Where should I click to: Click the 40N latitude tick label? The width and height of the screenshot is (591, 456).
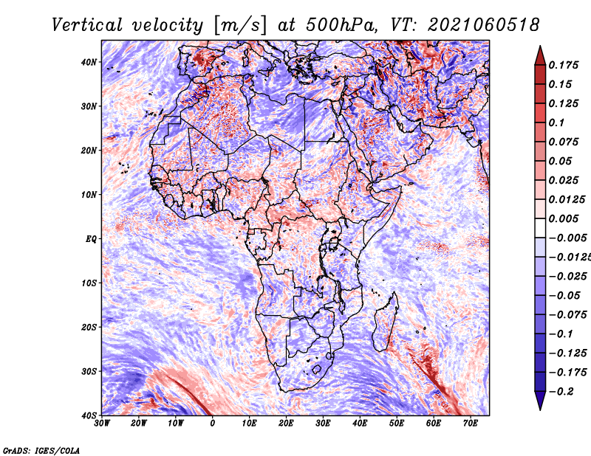[x=89, y=62]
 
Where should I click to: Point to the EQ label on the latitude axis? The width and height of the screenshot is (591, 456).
[x=91, y=239]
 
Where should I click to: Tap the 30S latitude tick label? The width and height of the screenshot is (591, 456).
[x=89, y=371]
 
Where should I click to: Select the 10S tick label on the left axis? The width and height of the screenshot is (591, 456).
[x=89, y=283]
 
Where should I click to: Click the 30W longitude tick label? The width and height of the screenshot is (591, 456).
[x=102, y=424]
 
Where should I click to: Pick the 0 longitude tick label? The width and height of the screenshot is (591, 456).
[x=213, y=424]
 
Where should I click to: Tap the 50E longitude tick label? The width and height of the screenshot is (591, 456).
[x=397, y=424]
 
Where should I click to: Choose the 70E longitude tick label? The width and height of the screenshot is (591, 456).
[x=471, y=424]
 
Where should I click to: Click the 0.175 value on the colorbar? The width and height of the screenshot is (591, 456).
[x=564, y=65]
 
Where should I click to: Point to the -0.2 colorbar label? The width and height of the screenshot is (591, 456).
[x=561, y=392]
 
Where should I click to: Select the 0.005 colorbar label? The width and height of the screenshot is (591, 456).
[x=564, y=218]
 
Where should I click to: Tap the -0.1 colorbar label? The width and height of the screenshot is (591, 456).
[x=561, y=334]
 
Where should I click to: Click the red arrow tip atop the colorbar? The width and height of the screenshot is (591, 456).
[x=540, y=46]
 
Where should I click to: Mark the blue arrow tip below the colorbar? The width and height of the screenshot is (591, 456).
[x=540, y=409]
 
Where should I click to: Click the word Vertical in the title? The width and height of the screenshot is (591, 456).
[x=87, y=25]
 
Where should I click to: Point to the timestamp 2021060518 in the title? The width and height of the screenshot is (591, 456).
[x=484, y=25]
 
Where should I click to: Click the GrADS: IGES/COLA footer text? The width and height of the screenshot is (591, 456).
[x=41, y=450]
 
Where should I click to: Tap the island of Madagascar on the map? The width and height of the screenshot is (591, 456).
[x=386, y=322]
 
